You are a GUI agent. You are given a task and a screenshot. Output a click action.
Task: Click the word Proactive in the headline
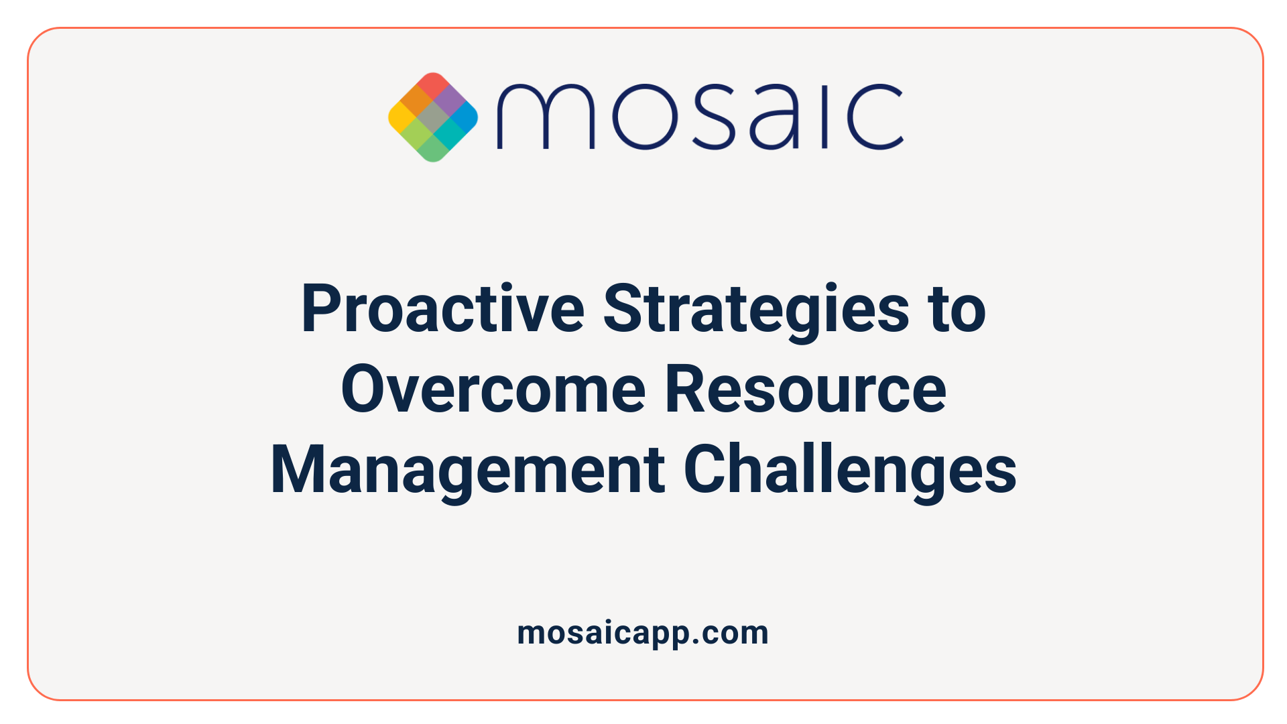pos(443,309)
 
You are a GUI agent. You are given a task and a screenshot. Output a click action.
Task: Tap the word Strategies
pos(755,309)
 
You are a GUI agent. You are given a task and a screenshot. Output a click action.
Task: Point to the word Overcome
pos(493,389)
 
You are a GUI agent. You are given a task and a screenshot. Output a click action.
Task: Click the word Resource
pos(805,389)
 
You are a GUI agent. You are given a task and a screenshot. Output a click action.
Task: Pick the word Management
pos(467,470)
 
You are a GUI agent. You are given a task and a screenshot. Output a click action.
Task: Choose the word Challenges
pos(849,470)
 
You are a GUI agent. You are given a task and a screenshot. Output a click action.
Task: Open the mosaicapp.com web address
pos(643,633)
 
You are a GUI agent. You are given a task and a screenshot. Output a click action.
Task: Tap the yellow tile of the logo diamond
pos(401,118)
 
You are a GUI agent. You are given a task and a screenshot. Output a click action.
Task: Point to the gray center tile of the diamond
pos(434,118)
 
